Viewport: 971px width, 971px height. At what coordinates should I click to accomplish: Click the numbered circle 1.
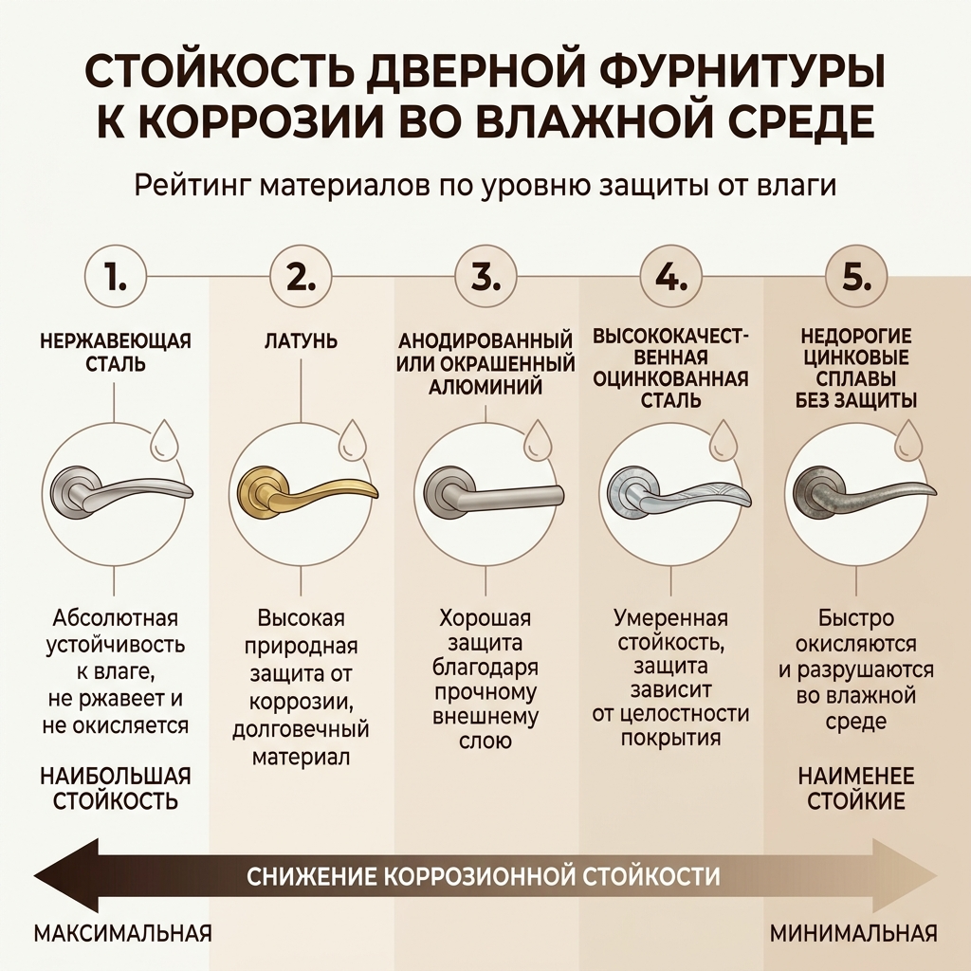115,277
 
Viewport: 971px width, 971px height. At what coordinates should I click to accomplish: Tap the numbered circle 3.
485,277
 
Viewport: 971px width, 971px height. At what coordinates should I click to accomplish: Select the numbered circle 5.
856,277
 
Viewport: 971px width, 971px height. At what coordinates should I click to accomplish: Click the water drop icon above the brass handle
352,439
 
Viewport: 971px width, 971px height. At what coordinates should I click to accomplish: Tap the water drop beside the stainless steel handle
165,439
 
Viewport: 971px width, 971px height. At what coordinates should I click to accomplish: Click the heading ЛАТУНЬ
301,341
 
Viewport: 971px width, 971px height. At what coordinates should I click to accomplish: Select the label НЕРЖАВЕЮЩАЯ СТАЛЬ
115,352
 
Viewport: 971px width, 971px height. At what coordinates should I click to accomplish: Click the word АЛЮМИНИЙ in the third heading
485,387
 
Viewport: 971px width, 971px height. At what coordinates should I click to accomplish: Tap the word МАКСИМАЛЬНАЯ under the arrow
122,933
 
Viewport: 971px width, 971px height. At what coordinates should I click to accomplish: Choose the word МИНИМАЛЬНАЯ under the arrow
853,933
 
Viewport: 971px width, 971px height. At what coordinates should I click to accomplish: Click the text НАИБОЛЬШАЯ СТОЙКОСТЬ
115,788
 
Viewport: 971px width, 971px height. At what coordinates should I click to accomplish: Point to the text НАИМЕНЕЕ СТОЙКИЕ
856,788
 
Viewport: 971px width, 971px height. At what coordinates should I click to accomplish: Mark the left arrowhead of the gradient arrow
66,875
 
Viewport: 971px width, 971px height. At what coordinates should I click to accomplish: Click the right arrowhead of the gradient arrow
905,875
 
